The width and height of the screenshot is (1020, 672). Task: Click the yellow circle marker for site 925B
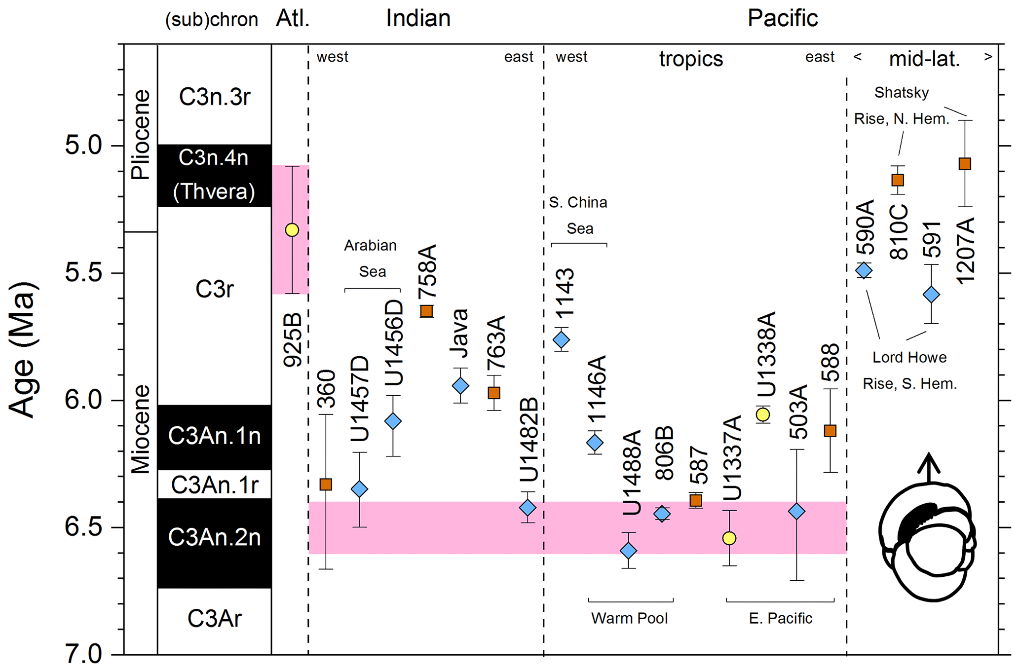(x=292, y=230)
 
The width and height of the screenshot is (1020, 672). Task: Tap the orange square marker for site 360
(x=326, y=485)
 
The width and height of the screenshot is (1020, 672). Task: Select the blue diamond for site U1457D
(x=359, y=489)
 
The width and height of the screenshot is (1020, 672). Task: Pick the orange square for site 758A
(x=427, y=311)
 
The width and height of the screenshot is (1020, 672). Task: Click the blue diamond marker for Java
(x=460, y=385)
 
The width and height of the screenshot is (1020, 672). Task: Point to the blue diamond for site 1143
(x=561, y=339)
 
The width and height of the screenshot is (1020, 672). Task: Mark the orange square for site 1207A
(x=965, y=164)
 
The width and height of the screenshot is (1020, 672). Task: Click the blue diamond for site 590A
(x=864, y=270)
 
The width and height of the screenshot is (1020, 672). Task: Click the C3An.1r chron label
(x=215, y=485)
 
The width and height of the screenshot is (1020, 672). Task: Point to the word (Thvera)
(x=214, y=191)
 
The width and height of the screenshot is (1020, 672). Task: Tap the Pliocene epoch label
(x=141, y=134)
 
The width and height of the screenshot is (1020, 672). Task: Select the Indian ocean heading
(x=418, y=19)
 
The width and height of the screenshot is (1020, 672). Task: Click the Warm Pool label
(x=630, y=618)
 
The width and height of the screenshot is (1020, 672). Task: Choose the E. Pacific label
(x=780, y=618)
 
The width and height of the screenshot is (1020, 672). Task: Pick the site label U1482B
(x=529, y=440)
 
